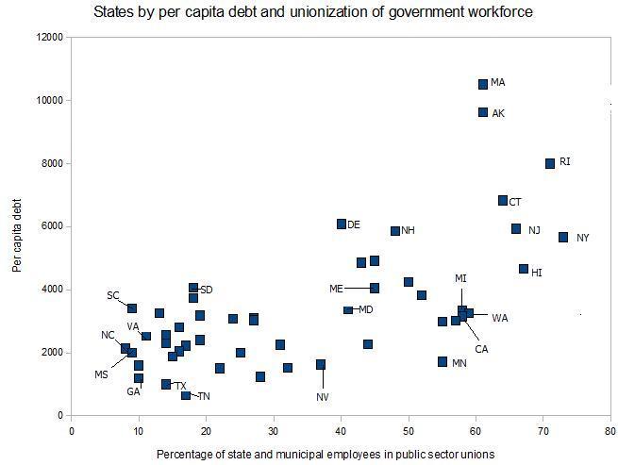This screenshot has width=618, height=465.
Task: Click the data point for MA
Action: tap(483, 84)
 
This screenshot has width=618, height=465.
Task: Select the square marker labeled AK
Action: tap(483, 112)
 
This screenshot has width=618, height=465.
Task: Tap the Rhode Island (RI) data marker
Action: tap(550, 163)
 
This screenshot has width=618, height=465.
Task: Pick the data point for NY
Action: tap(563, 237)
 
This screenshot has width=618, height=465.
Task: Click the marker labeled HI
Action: tap(524, 269)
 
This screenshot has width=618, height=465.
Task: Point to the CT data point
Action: tap(503, 201)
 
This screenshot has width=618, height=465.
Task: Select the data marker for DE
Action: tap(342, 224)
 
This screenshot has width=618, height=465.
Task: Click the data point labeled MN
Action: tap(443, 361)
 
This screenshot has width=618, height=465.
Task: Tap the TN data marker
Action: tap(186, 395)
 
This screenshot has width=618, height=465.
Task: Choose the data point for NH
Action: tap(395, 230)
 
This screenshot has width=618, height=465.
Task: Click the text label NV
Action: tap(322, 397)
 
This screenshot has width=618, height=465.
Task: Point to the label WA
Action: tap(499, 318)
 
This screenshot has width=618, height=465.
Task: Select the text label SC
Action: tap(113, 295)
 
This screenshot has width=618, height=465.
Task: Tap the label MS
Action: tap(102, 374)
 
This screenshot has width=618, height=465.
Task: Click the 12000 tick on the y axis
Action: tap(49, 37)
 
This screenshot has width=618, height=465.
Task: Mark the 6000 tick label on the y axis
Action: tap(52, 226)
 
